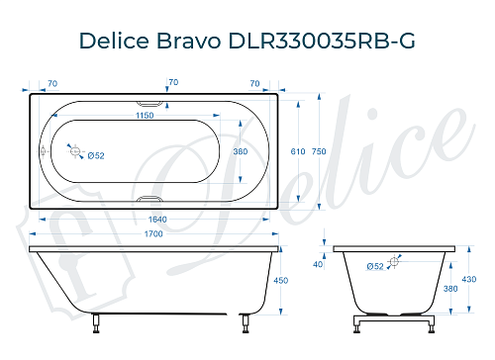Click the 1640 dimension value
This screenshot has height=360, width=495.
pos(150,219)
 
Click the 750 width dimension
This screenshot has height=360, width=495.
pos(319,151)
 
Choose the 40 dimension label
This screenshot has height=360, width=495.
pos(318,264)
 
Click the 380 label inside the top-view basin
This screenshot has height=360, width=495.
pos(239,151)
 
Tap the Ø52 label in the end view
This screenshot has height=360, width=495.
pos(375,266)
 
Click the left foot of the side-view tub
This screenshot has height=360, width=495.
pos(96,319)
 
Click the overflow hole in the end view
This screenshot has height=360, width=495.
pos(394,260)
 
